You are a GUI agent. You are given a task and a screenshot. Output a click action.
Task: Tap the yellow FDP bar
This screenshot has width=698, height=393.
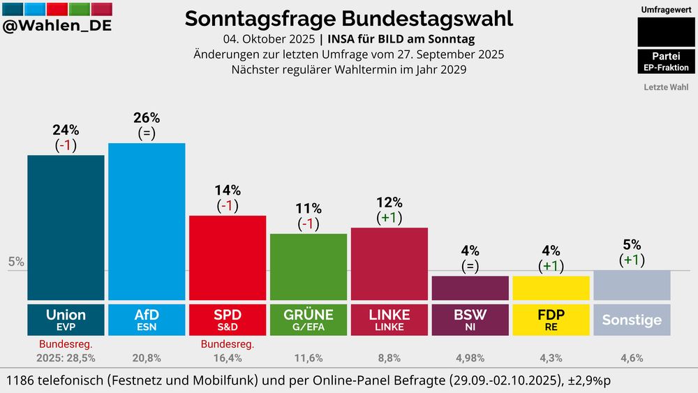coord(551,288)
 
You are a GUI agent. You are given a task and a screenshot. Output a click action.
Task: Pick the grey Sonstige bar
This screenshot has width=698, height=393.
coord(632,285)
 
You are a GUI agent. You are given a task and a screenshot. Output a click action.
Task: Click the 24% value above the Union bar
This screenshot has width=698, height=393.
coord(66,130)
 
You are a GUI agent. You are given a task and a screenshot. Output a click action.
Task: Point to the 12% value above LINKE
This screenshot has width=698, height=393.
coord(389,202)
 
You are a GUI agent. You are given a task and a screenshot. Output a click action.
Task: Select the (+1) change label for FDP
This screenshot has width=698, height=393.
coord(551,266)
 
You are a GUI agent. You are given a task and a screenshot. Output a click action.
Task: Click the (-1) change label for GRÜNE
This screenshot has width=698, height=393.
coord(308,224)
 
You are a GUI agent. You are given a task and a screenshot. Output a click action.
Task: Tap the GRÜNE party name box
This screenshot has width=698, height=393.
coord(308,319)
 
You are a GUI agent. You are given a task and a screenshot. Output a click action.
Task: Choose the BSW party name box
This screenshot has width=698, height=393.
coord(470,319)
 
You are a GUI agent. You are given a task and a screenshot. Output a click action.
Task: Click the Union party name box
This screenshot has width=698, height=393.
coord(66,319)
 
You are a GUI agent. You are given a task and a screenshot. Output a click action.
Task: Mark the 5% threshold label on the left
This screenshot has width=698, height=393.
coord(16,262)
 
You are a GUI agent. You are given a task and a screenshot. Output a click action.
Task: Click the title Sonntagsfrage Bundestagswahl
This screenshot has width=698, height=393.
coord(348,19)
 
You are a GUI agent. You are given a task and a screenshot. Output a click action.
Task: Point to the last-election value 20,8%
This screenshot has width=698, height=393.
coord(147,358)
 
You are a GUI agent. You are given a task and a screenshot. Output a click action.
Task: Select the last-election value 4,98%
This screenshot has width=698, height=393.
coord(470,358)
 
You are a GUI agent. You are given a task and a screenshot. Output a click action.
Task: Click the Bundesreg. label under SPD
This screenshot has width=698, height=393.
coord(228,344)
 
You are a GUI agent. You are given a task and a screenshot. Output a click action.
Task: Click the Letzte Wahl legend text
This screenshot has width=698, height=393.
coord(665,88)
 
